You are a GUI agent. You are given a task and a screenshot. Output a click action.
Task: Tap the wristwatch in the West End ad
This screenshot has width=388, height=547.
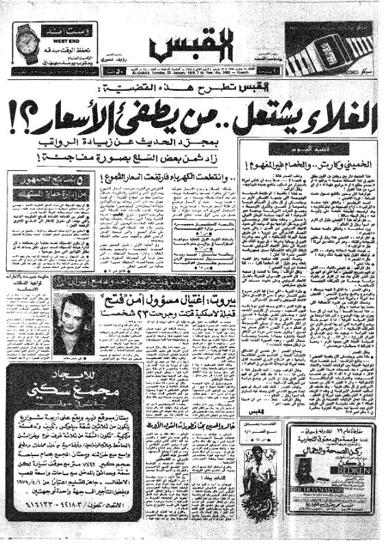click(28, 42)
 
